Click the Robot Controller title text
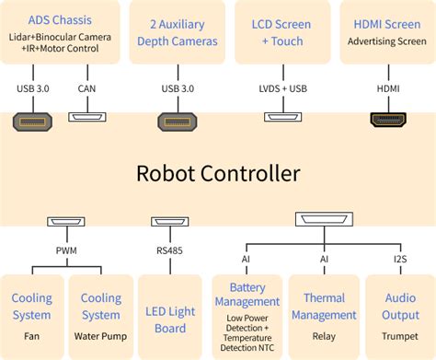click(218, 174)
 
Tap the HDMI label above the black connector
click(388, 88)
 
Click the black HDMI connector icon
click(388, 119)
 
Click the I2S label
click(400, 259)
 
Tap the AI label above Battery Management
click(245, 259)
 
